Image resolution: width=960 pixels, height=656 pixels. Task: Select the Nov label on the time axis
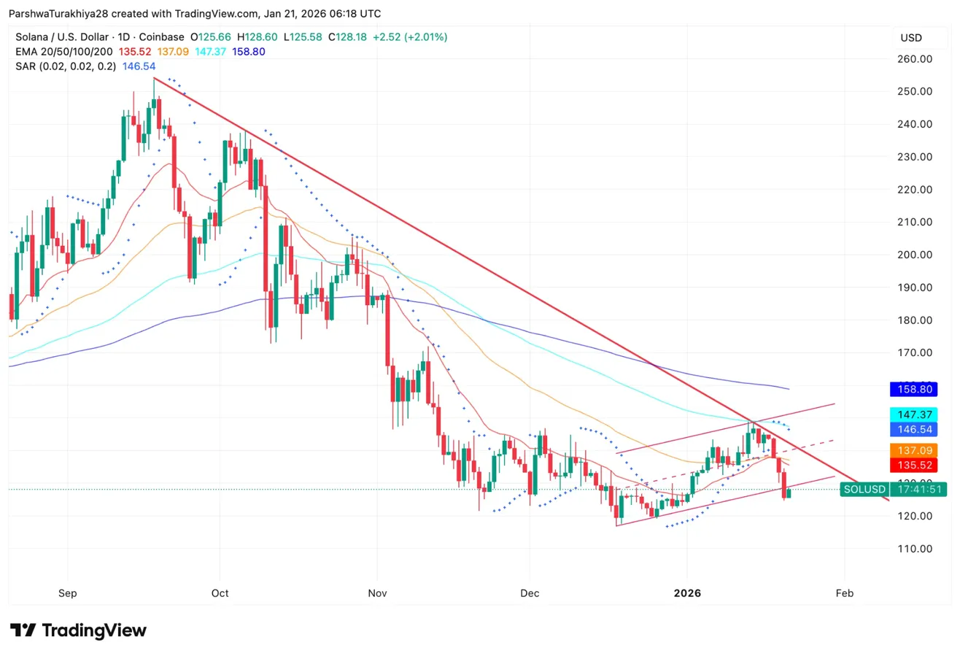tap(377, 593)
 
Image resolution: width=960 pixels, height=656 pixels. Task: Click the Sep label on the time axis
tap(67, 593)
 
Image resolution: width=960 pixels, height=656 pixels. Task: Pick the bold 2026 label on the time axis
tap(687, 593)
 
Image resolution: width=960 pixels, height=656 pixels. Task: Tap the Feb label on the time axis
tap(844, 593)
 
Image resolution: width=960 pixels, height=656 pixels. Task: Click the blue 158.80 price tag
tap(917, 390)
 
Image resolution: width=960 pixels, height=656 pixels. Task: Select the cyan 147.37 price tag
tap(917, 414)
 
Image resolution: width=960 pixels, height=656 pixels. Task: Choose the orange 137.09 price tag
tap(917, 450)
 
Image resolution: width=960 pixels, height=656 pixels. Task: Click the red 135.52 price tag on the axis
tap(917, 465)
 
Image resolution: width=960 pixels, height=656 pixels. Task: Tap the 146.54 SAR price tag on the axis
tap(917, 429)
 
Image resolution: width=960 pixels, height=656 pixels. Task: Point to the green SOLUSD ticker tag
tap(864, 490)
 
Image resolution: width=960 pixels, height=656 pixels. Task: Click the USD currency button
tap(911, 37)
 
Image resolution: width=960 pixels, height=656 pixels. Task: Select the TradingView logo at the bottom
tap(78, 630)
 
